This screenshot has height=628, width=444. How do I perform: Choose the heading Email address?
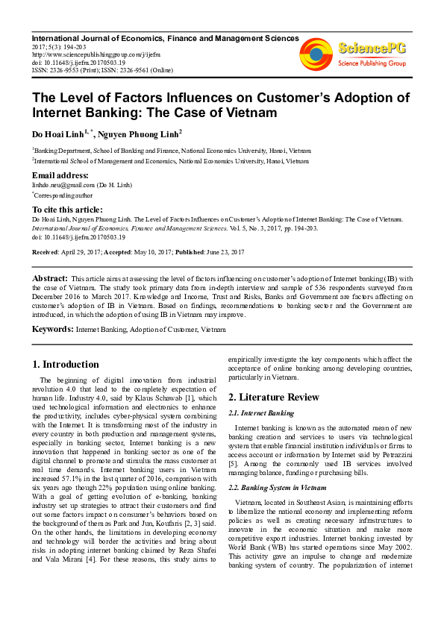coord(60,175)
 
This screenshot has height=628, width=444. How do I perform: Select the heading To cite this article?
coord(67,210)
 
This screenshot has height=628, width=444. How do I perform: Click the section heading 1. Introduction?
coord(66,365)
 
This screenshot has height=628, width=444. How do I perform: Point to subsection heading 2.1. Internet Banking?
coord(261,412)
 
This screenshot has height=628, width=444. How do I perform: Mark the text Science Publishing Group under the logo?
coord(372,63)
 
